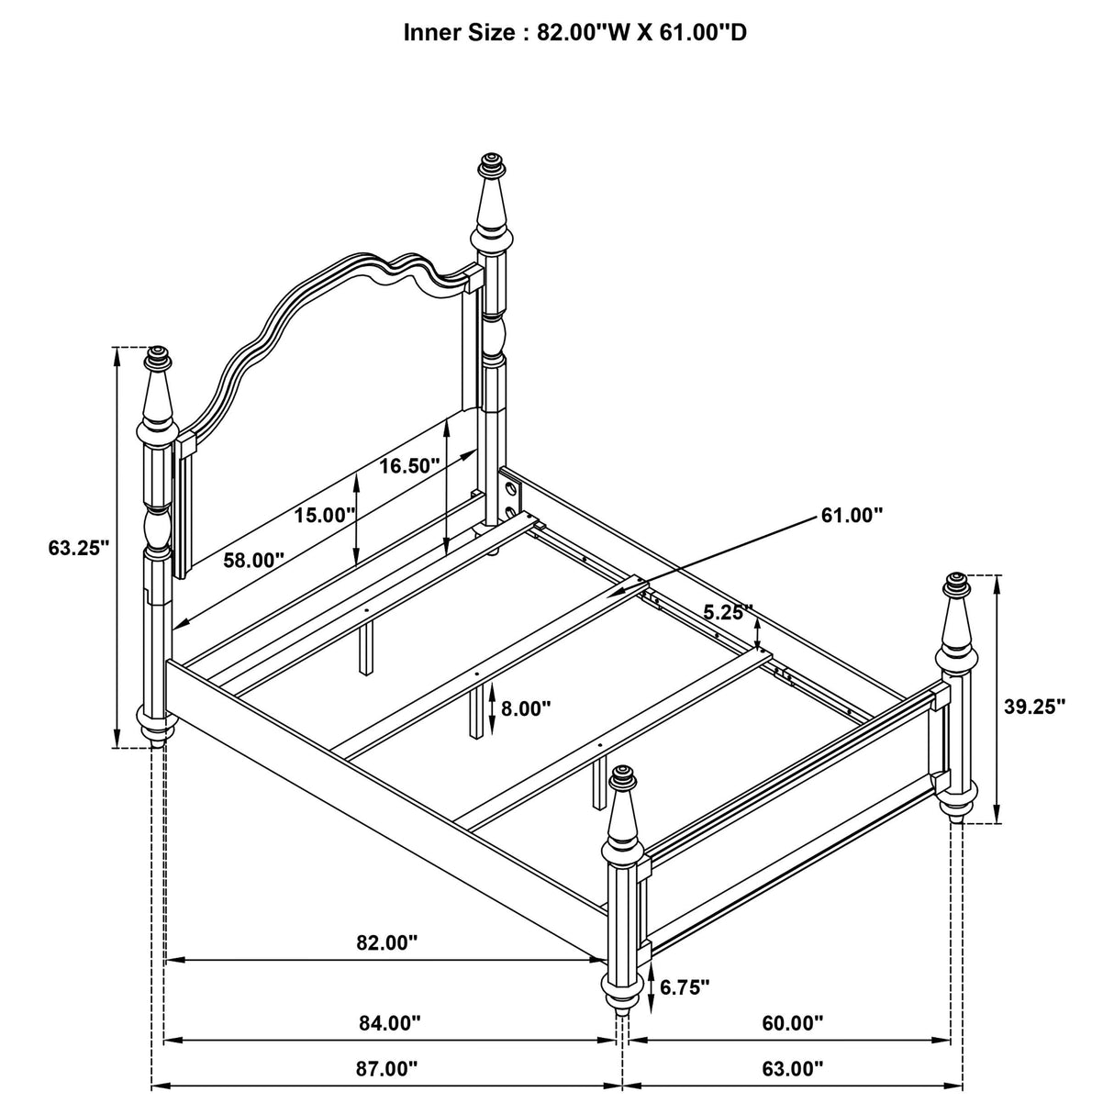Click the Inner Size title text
tap(574, 32)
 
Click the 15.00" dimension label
tap(324, 515)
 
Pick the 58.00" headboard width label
tap(253, 561)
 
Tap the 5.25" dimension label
tap(729, 611)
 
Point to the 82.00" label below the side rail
tap(386, 941)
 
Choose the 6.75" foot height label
tap(685, 986)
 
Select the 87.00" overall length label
tap(386, 1068)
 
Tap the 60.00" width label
tap(792, 1021)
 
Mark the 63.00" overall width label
tap(792, 1068)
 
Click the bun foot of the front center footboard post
tap(622, 995)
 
